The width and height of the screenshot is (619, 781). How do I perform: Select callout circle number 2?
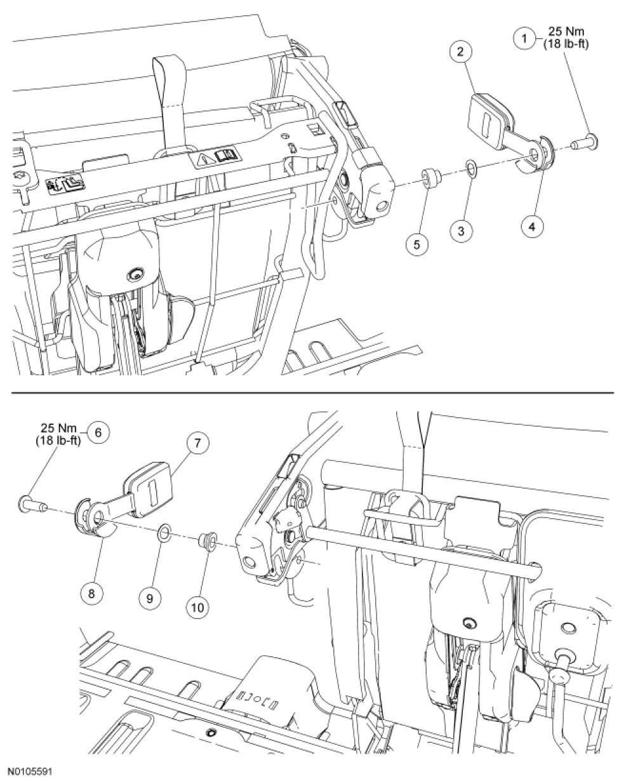coord(460,51)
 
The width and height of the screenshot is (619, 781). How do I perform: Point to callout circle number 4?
coord(532,227)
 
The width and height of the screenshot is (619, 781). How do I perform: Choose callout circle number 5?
coord(417,244)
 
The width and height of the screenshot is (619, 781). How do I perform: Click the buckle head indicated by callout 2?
coord(493,116)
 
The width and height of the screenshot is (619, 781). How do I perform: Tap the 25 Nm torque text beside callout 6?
coord(59,428)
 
